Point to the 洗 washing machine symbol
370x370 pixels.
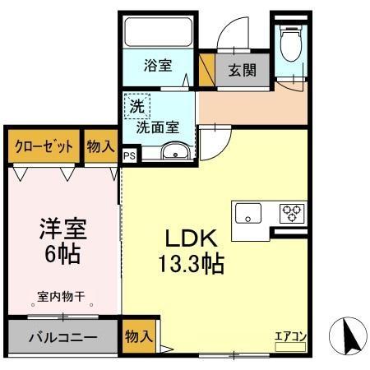coord(137,105)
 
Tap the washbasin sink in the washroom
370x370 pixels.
coord(175,152)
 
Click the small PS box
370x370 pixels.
coord(130,154)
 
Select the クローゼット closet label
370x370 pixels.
coord(44,146)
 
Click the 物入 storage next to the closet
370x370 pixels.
coord(100,146)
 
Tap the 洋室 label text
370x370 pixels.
coord(62,228)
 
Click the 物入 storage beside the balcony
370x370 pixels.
coord(139,335)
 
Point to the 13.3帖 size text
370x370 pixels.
coord(192,265)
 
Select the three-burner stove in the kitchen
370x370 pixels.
coord(292,213)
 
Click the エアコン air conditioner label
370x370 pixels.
coord(290,335)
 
